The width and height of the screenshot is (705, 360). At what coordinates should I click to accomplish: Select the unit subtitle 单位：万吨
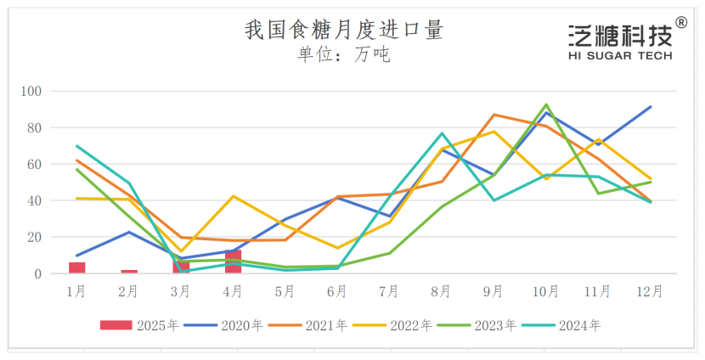click(x=343, y=55)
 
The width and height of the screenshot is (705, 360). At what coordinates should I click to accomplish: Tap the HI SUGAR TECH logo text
click(x=619, y=56)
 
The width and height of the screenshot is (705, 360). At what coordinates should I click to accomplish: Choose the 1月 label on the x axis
click(x=76, y=291)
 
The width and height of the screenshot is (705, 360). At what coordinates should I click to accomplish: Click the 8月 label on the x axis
click(x=442, y=291)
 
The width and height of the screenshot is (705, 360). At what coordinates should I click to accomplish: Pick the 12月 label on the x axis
click(x=650, y=291)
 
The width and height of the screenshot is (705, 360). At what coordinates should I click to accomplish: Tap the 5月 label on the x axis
click(x=285, y=291)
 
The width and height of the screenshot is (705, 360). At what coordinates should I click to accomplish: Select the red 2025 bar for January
click(x=77, y=268)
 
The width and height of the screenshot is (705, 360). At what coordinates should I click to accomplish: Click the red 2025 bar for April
click(x=233, y=262)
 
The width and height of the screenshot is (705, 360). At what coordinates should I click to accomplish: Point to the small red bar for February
click(x=129, y=272)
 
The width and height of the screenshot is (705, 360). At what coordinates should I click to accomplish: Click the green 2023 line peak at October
click(x=546, y=104)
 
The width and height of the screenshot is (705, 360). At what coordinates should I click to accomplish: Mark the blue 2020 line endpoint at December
click(x=651, y=107)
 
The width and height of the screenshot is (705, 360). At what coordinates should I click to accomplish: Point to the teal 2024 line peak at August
click(x=443, y=133)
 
